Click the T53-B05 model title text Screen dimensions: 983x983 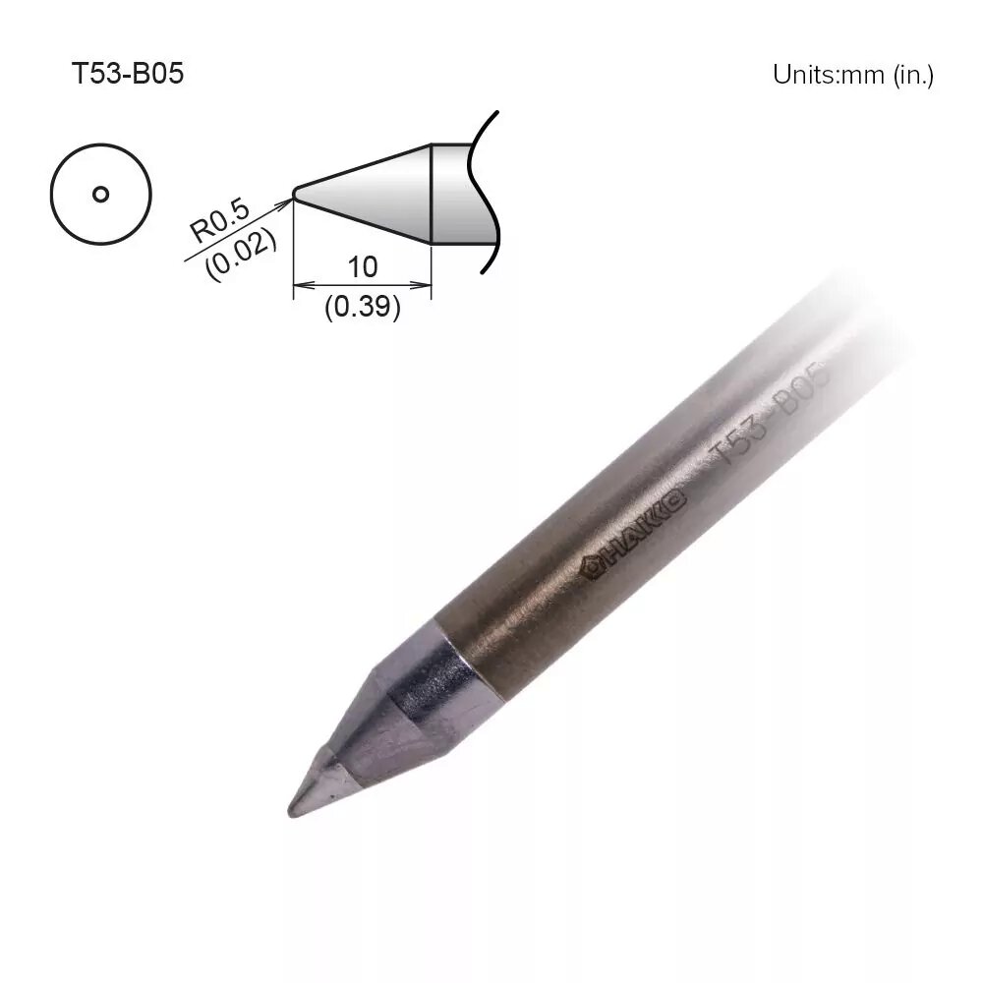coord(127,74)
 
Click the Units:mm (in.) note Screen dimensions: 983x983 coord(852,75)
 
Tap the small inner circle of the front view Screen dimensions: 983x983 coord(100,195)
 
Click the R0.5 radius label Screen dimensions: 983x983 coord(219,220)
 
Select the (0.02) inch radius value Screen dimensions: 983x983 coord(241,253)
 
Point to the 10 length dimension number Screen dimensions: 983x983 coord(363,267)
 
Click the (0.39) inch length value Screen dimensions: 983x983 coord(363,307)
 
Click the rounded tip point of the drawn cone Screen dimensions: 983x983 coord(295,194)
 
